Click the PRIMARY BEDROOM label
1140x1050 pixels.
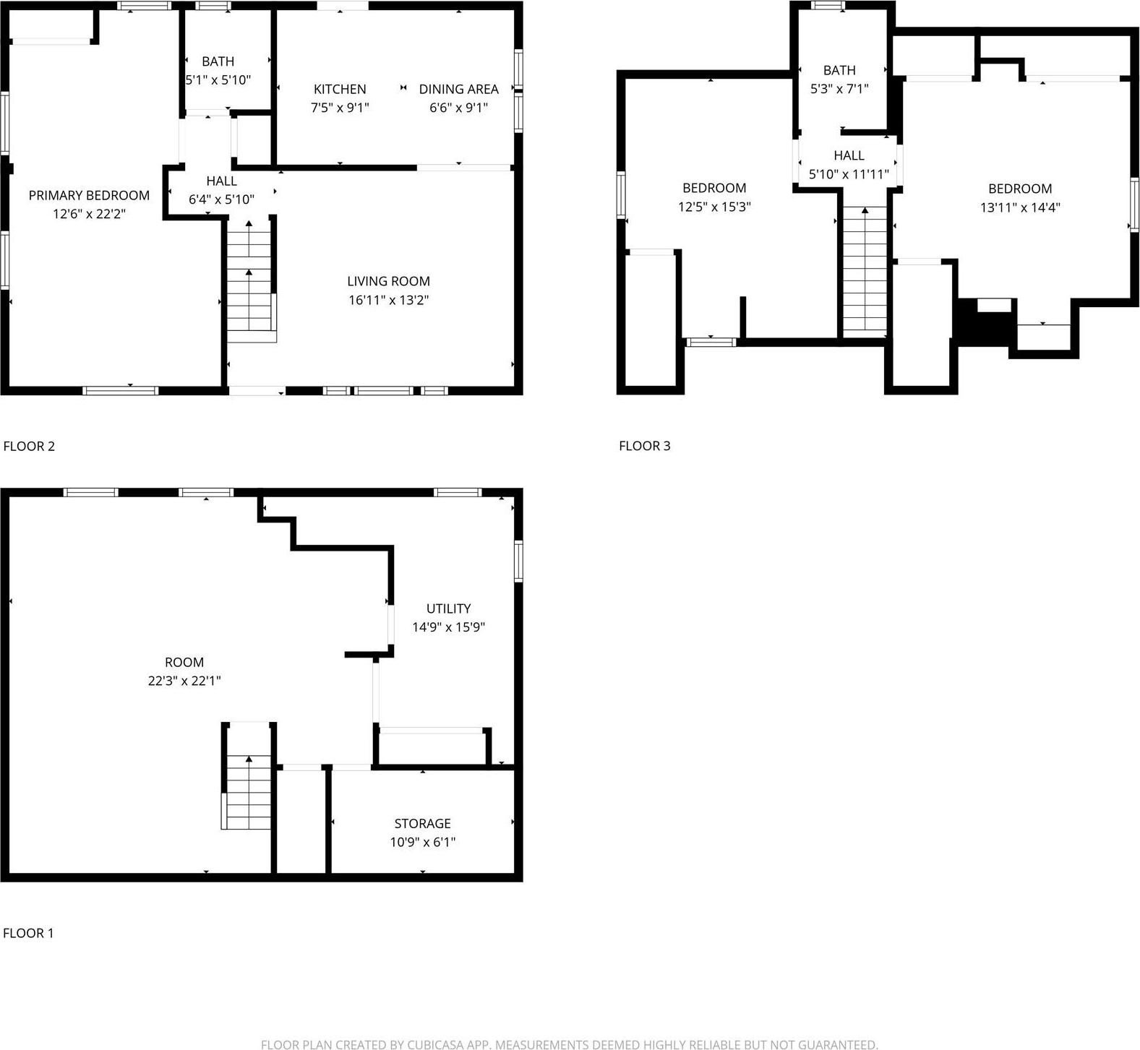click(89, 195)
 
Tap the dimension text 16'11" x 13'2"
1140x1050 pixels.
click(389, 300)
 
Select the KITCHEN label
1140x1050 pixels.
click(340, 89)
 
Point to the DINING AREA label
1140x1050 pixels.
click(458, 89)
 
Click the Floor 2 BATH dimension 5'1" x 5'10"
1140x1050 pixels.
click(218, 80)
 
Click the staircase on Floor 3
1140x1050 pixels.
click(865, 271)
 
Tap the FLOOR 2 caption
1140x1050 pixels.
click(29, 446)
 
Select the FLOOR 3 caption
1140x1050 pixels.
click(644, 446)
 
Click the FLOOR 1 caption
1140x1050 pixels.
click(28, 933)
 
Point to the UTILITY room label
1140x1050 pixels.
click(448, 608)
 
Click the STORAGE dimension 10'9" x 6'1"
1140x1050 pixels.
click(423, 842)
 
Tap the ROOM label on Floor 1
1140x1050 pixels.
click(184, 662)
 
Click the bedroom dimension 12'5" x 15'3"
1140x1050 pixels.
click(714, 207)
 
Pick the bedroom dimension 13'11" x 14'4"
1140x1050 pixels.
click(1020, 207)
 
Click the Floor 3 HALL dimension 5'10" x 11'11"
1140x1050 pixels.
click(849, 174)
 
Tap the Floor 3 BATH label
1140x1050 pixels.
click(839, 70)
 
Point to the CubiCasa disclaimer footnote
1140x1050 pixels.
click(570, 1043)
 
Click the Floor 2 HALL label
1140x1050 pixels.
click(221, 181)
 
